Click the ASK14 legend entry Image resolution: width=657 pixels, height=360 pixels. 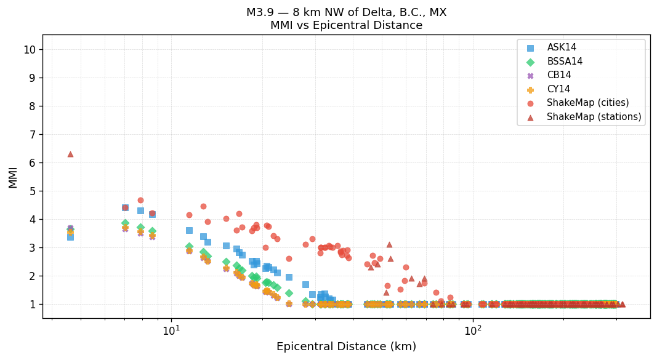point(562,48)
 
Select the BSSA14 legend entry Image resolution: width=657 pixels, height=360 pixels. point(565,62)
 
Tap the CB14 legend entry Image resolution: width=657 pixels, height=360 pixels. point(558,75)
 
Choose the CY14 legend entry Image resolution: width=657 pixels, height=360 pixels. point(558,89)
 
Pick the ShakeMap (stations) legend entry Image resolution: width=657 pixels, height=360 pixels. point(594,117)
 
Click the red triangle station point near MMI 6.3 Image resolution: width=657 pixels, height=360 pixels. point(70,154)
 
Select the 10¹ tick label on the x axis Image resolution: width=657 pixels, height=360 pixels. point(171,330)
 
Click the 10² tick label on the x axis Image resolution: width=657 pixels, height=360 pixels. point(472,330)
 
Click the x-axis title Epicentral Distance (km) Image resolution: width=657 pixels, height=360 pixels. point(346,346)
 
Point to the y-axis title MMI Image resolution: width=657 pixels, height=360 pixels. point(13,177)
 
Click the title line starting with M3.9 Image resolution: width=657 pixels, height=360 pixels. point(346,12)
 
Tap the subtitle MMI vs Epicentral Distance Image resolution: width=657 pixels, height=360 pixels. point(346,25)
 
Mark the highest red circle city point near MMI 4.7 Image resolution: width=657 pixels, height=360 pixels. point(140,200)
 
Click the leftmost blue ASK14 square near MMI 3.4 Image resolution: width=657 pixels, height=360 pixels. point(70,236)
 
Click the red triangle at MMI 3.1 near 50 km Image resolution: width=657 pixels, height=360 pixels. point(389,244)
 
